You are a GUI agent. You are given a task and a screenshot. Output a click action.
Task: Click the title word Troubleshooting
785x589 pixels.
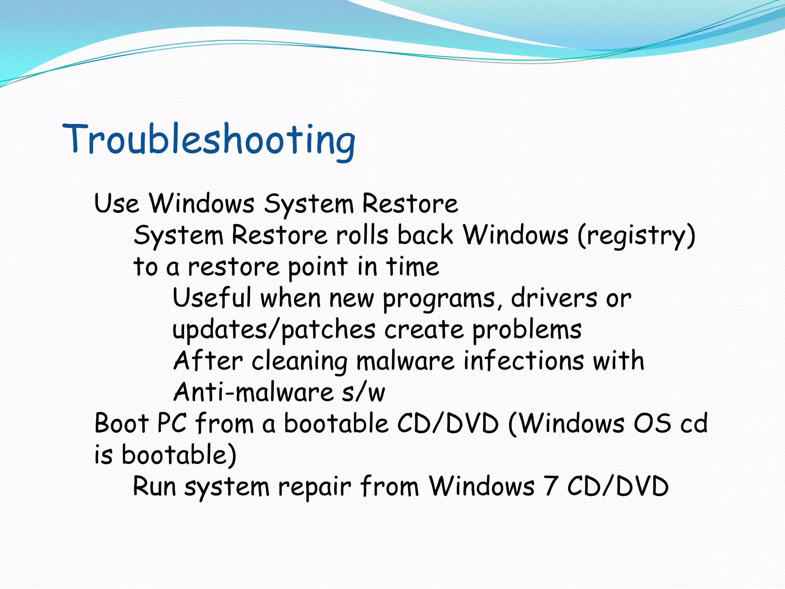coord(209,140)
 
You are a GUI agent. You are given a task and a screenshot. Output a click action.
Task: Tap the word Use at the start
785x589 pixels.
coord(117,203)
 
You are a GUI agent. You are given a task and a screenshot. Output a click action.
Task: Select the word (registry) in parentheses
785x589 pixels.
coord(636,235)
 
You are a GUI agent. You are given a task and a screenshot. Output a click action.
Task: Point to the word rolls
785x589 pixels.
coord(362,235)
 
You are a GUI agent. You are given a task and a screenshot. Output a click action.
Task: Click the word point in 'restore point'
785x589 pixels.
coord(318,267)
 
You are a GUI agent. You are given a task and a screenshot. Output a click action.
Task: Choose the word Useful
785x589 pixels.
coord(212,298)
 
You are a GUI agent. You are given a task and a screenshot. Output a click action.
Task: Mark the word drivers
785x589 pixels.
coord(554,298)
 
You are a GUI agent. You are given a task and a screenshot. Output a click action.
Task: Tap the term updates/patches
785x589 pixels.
coord(274,330)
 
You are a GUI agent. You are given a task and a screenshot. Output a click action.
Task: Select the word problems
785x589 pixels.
coord(527,330)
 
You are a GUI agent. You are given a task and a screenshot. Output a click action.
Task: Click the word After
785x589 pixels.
coord(208,361)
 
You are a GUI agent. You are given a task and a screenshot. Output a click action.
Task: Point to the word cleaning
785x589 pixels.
coord(299,362)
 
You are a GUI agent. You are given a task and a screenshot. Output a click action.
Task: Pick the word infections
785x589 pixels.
coord(524,361)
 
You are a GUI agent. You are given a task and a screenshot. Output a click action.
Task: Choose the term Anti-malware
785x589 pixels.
coord(253,392)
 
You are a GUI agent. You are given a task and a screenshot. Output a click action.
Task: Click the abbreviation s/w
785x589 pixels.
coord(363,392)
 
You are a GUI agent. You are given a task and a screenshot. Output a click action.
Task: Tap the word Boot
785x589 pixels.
coord(122,424)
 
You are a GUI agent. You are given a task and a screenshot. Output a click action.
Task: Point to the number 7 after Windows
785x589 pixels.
coord(550,486)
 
